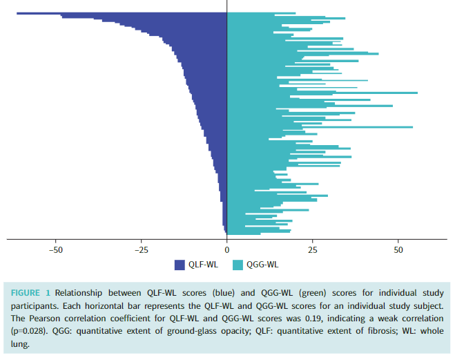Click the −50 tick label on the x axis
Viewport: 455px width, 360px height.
click(55, 249)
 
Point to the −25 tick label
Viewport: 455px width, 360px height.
click(141, 249)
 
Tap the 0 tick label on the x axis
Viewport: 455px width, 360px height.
click(226, 249)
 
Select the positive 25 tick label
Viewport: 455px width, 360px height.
click(312, 249)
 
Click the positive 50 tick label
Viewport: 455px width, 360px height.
click(398, 249)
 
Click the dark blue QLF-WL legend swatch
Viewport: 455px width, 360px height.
click(180, 265)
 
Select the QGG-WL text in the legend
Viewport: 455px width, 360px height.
click(263, 265)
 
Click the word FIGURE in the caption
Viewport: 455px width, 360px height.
click(26, 293)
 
